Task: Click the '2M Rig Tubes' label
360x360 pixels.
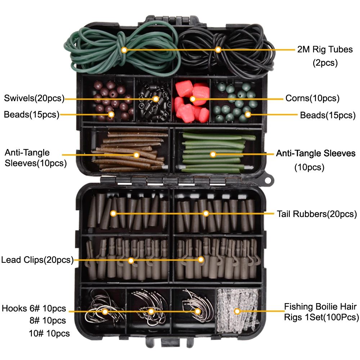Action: (x=325, y=49)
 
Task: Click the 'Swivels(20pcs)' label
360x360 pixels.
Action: (x=34, y=98)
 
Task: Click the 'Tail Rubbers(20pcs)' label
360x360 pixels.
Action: (x=317, y=214)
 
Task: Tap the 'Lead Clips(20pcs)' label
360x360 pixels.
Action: (x=37, y=260)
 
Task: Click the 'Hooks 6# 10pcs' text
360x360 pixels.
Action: (x=34, y=309)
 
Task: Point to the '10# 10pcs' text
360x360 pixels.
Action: (x=49, y=333)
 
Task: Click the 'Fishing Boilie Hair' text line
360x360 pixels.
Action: (x=320, y=307)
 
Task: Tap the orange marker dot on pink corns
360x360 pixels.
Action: (x=193, y=98)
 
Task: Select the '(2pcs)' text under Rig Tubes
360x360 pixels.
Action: (x=325, y=63)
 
